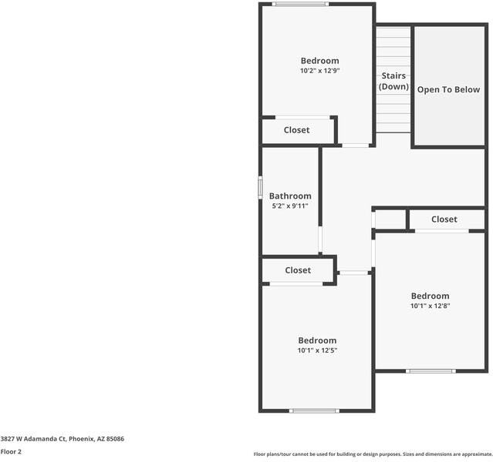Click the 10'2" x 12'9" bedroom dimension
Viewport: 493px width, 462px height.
pyautogui.click(x=319, y=71)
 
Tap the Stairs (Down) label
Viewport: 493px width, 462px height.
pyautogui.click(x=393, y=82)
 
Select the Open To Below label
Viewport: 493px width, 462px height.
pyautogui.click(x=448, y=90)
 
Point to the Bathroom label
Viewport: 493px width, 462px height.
pyautogui.click(x=290, y=196)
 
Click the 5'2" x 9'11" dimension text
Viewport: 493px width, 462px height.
pyautogui.click(x=290, y=206)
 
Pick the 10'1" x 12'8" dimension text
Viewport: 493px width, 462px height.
pyautogui.click(x=430, y=306)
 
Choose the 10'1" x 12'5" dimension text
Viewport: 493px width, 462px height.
pyautogui.click(x=317, y=350)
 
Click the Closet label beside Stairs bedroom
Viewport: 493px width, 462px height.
pyautogui.click(x=296, y=130)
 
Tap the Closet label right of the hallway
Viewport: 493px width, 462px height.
pyautogui.click(x=444, y=219)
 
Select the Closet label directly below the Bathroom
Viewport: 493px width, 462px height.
pyautogui.click(x=298, y=270)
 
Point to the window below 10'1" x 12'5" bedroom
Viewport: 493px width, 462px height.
pyautogui.click(x=315, y=410)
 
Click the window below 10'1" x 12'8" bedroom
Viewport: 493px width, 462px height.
pyautogui.click(x=431, y=371)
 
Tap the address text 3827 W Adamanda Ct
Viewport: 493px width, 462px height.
pyautogui.click(x=62, y=438)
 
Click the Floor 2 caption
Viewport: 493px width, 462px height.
pyautogui.click(x=11, y=452)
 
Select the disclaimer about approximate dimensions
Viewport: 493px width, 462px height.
pyautogui.click(x=372, y=454)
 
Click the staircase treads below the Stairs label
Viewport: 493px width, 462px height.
pyautogui.click(x=393, y=112)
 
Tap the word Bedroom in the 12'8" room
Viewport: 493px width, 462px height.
pyautogui.click(x=430, y=296)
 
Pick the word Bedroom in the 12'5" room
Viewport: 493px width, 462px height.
pyautogui.click(x=317, y=340)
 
